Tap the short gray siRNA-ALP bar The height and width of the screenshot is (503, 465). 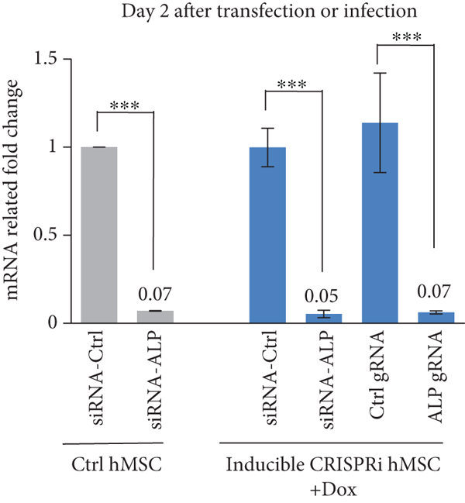tap(155, 317)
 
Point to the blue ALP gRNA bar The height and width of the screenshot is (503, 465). tap(435, 318)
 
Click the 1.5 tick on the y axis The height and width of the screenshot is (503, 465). tap(50, 59)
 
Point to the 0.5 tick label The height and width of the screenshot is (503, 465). tap(50, 235)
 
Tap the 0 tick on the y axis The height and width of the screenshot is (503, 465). tap(56, 323)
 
